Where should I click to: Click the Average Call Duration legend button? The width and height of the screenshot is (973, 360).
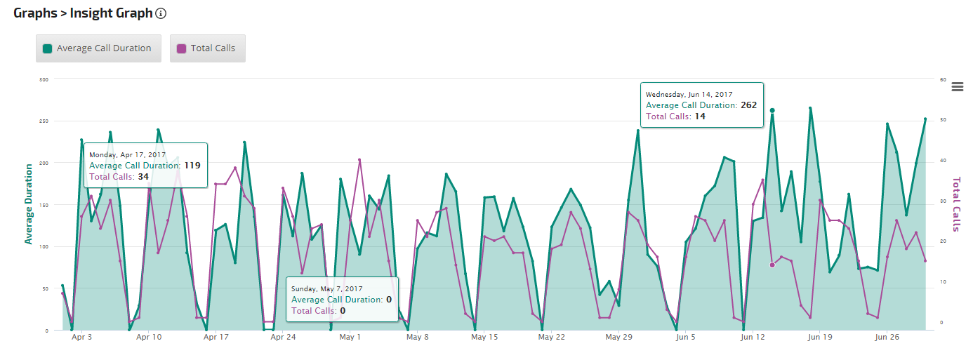(x=98, y=48)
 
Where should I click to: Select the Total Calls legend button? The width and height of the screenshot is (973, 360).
(x=207, y=48)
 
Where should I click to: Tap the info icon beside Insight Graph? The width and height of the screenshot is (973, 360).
(x=161, y=13)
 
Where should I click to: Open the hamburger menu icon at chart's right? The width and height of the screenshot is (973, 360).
(x=957, y=87)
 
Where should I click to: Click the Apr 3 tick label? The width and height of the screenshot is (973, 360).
(x=82, y=338)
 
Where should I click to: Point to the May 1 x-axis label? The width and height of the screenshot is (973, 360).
(x=350, y=338)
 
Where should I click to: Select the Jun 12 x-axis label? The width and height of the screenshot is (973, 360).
(x=752, y=338)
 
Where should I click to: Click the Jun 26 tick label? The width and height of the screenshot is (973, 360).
(x=887, y=338)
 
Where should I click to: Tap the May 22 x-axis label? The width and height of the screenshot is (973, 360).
(x=551, y=338)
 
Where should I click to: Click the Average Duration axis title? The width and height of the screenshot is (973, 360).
(x=29, y=204)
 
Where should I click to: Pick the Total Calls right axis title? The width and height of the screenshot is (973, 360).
(x=955, y=204)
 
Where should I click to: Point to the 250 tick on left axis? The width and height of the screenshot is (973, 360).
(x=44, y=121)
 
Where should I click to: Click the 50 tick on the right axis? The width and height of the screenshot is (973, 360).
(x=943, y=121)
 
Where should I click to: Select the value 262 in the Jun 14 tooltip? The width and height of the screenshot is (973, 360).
(x=748, y=105)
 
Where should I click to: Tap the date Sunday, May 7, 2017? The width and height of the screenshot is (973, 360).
(x=326, y=288)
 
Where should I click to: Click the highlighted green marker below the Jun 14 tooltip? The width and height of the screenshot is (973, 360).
(x=772, y=110)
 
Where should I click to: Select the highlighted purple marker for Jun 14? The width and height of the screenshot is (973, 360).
(x=772, y=265)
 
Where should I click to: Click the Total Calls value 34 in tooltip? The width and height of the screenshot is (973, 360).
(x=143, y=177)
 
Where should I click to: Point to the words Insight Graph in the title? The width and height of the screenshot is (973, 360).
(x=111, y=13)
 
